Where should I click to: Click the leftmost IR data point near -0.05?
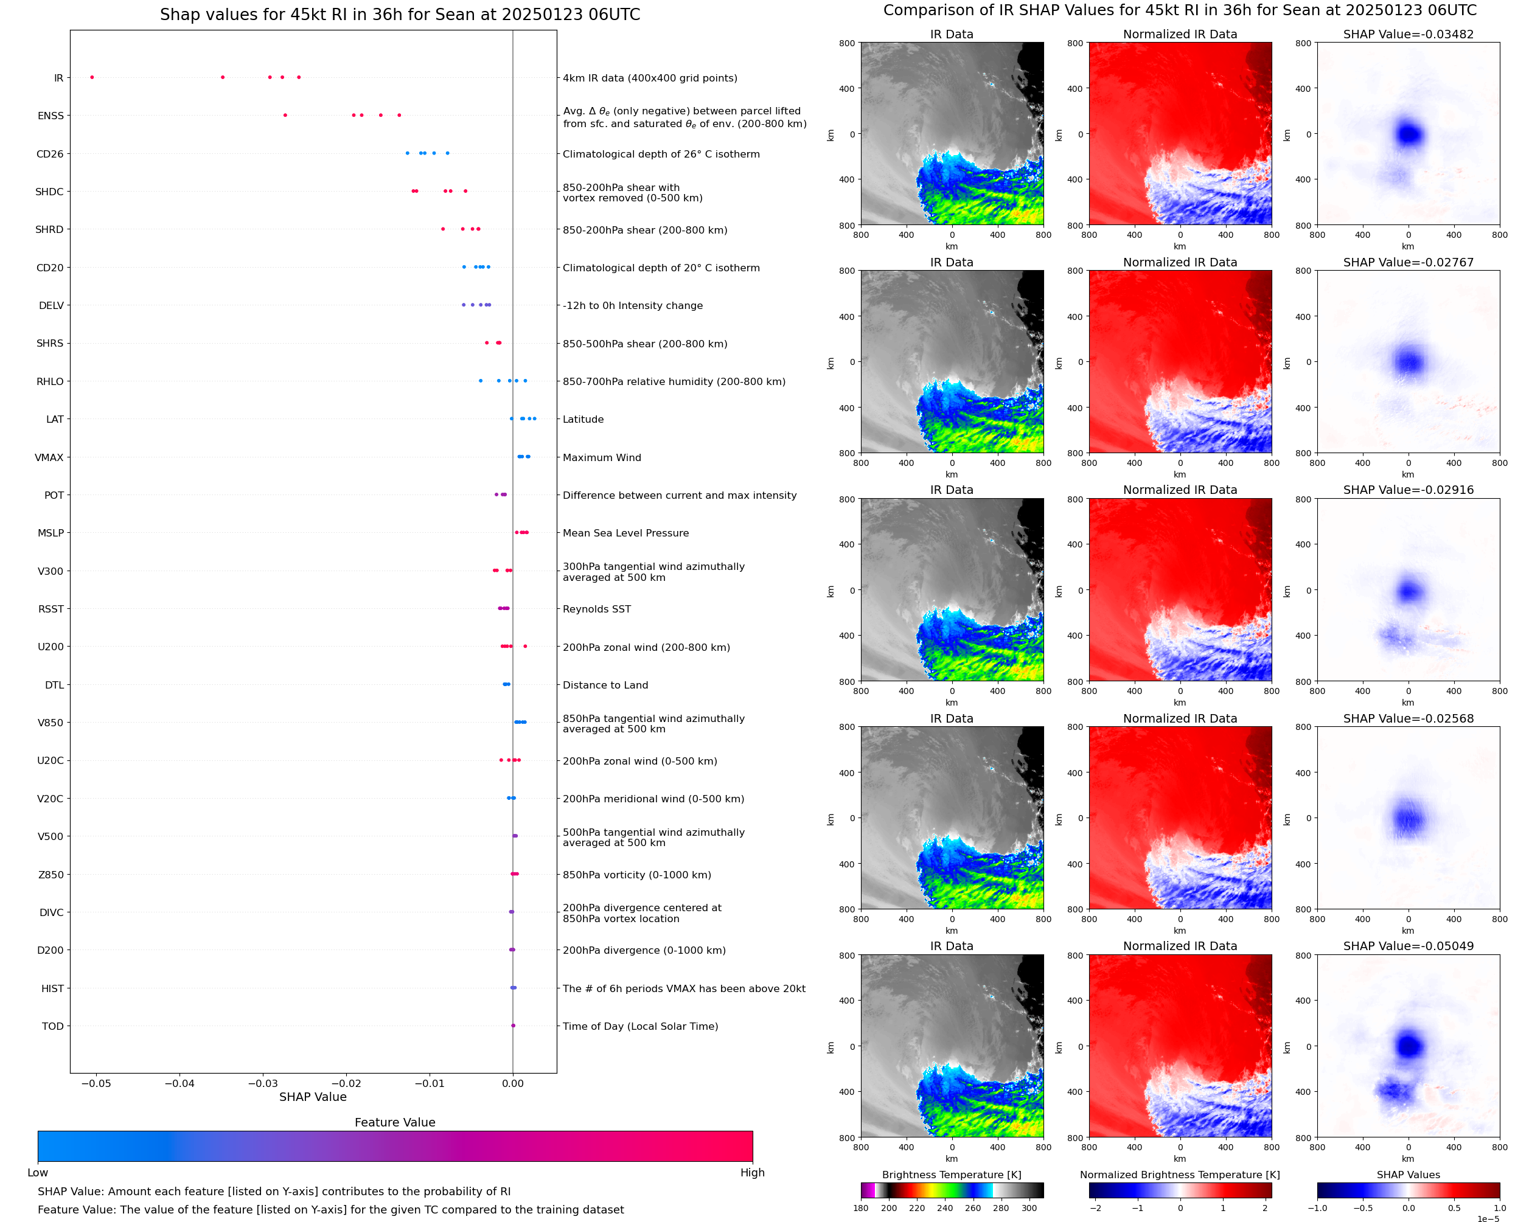tap(92, 77)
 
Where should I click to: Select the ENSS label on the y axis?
tap(50, 116)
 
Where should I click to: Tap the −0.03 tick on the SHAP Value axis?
tap(263, 1083)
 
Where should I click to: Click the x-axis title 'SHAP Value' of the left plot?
tap(313, 1097)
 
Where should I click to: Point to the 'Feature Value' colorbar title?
tap(395, 1122)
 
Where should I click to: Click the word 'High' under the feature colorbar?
tap(752, 1173)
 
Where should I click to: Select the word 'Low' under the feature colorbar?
tap(37, 1173)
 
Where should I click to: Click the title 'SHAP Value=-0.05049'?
tap(1408, 946)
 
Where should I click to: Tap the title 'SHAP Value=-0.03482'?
tap(1408, 34)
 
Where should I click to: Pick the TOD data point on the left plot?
tap(513, 1026)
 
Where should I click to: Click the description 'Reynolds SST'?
tap(596, 609)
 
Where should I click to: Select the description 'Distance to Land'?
tap(605, 685)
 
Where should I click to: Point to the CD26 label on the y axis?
tap(50, 154)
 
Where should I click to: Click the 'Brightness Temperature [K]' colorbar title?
tap(951, 1175)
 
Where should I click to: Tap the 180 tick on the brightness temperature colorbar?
tap(861, 1208)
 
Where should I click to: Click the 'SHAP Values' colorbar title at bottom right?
tap(1408, 1175)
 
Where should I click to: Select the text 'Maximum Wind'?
tap(602, 457)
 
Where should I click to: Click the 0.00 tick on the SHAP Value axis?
tap(512, 1083)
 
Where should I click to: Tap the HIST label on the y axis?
tap(53, 988)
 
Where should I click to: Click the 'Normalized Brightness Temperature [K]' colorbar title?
tap(1180, 1175)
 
